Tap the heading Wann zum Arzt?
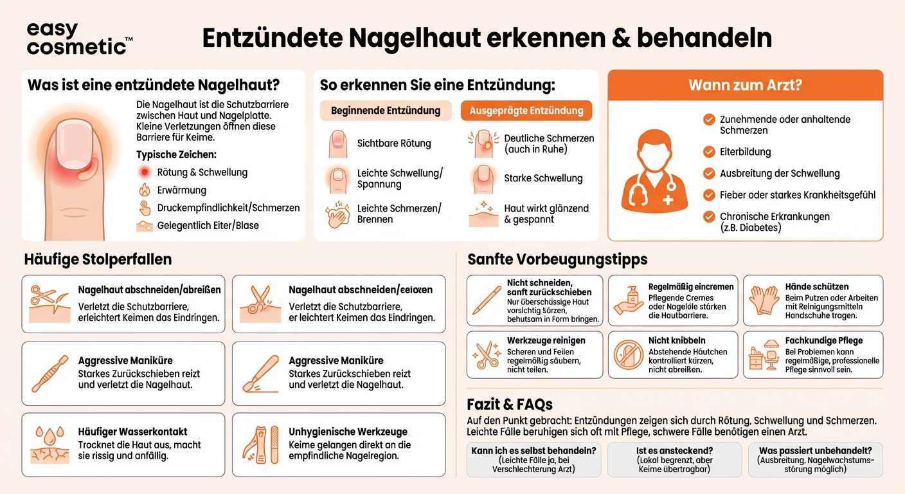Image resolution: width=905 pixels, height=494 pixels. coord(745,85)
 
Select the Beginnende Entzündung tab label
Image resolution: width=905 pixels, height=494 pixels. coord(386,111)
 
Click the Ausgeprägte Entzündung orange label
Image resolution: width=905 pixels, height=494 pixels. coord(526,111)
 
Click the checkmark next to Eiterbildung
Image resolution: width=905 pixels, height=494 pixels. coord(709,152)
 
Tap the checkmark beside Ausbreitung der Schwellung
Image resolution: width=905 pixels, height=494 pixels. coord(709,173)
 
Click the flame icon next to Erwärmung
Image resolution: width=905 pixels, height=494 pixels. coord(145,190)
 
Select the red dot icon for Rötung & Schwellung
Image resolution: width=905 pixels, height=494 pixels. coord(145,172)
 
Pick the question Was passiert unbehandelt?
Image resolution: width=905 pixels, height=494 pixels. coord(815,451)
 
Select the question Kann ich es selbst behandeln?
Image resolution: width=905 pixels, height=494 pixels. coord(533,451)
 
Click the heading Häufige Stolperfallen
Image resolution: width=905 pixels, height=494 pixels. coord(98,259)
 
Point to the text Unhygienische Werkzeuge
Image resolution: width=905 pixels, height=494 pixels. coord(348,432)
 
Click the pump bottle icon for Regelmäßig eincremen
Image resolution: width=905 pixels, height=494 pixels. coord(628,300)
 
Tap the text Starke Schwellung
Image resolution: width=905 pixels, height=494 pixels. coord(543,178)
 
